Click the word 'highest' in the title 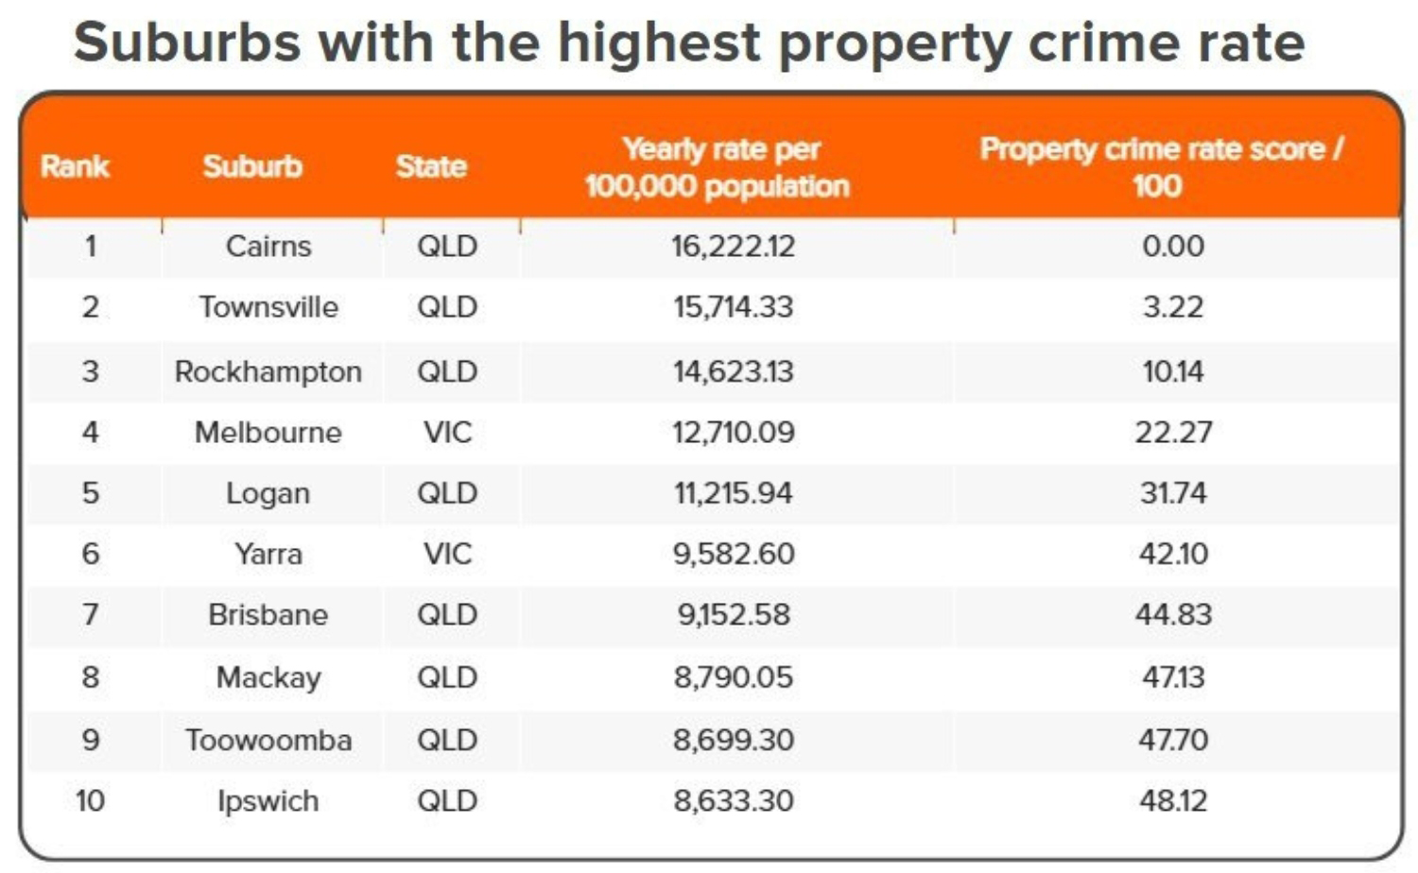658,43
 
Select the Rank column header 75,167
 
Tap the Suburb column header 252,167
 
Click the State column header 431,167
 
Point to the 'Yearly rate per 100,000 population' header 718,167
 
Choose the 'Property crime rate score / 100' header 1161,167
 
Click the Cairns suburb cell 268,247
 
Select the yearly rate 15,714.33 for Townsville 733,307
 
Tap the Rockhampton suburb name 268,371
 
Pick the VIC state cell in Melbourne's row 447,433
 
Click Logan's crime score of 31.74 1173,493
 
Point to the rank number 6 91,554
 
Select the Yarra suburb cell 268,554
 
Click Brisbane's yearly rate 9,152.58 733,615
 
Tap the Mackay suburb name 268,677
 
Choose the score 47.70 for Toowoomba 1173,740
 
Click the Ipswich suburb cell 268,801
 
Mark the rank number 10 91,801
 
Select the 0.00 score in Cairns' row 1173,247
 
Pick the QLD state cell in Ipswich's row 447,801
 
